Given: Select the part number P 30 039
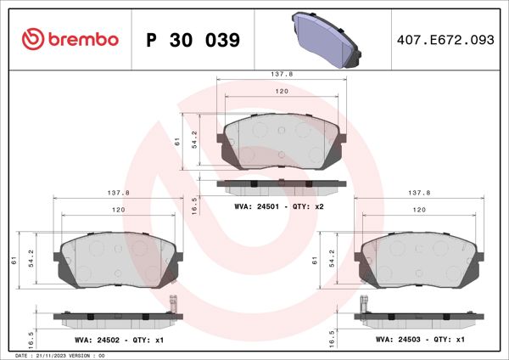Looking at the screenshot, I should coord(193,40).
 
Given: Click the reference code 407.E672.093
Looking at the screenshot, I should coord(445,40).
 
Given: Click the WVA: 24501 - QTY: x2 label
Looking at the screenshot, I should coord(280,206).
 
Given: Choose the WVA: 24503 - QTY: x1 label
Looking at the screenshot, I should coord(420,340).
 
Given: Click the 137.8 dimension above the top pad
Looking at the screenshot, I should coord(281,75).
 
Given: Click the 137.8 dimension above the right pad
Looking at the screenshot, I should coord(419,193).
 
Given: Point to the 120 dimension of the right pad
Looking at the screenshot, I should coord(419,209).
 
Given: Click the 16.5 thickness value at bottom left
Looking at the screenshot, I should coord(32,338).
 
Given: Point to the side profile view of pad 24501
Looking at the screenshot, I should coord(282,183).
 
